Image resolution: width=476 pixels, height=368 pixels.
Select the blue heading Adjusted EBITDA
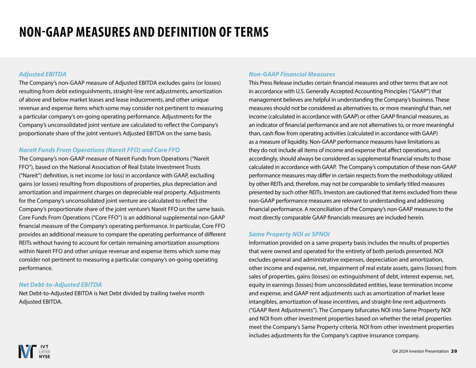[43, 74]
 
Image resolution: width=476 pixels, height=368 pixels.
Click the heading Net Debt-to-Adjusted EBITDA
[60, 285]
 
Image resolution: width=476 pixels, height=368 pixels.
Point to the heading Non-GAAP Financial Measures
[292, 74]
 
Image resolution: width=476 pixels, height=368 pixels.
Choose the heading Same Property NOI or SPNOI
[289, 234]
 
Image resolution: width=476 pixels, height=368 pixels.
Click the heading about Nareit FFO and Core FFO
[99, 150]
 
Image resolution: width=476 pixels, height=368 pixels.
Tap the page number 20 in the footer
[454, 351]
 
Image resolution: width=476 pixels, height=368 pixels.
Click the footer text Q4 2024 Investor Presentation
[420, 351]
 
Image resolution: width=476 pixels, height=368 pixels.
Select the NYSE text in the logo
[44, 356]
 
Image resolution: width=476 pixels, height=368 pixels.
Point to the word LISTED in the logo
[44, 351]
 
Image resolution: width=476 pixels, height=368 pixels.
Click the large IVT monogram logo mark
[27, 351]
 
